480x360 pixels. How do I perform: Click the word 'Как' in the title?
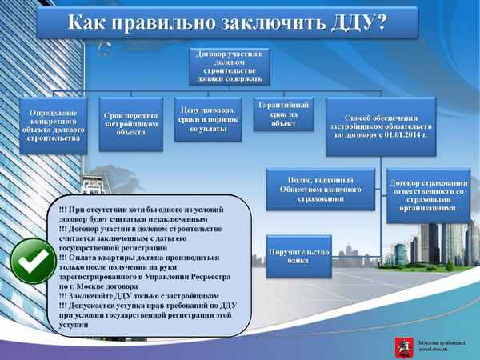coord(86,22)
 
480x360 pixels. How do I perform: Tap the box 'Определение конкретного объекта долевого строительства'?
coord(51,125)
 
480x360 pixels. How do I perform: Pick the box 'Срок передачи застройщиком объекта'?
coord(130,120)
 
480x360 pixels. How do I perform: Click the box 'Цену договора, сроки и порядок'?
coord(207,120)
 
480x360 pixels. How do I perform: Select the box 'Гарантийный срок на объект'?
coord(282,114)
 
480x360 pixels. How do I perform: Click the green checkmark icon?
coord(30,261)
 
